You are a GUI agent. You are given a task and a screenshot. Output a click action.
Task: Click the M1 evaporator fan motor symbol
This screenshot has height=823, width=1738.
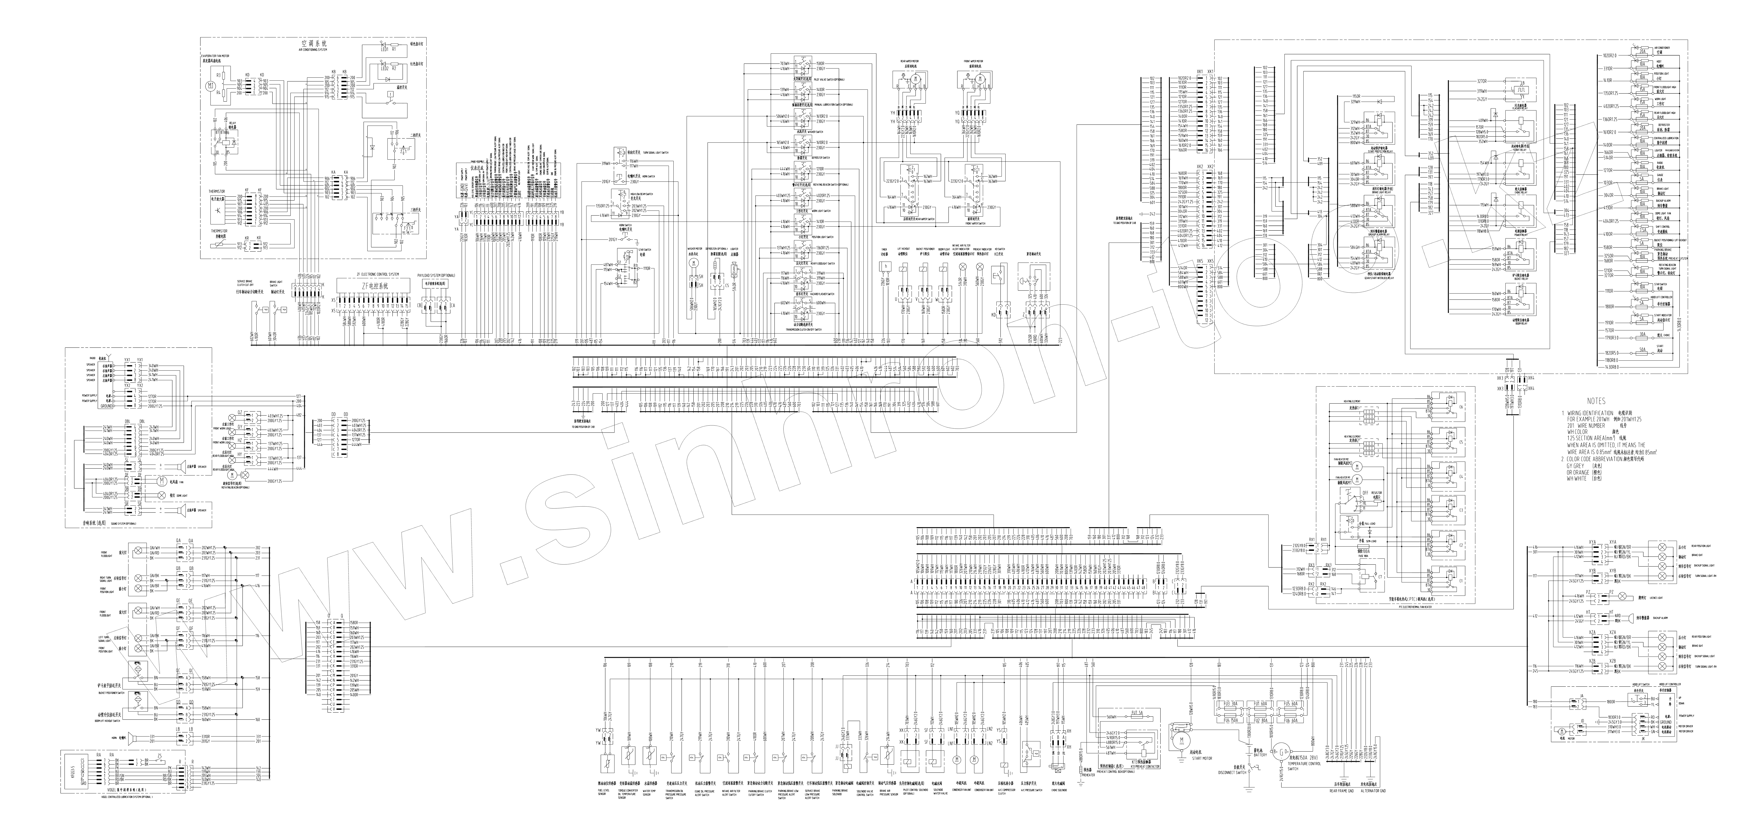pos(209,86)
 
